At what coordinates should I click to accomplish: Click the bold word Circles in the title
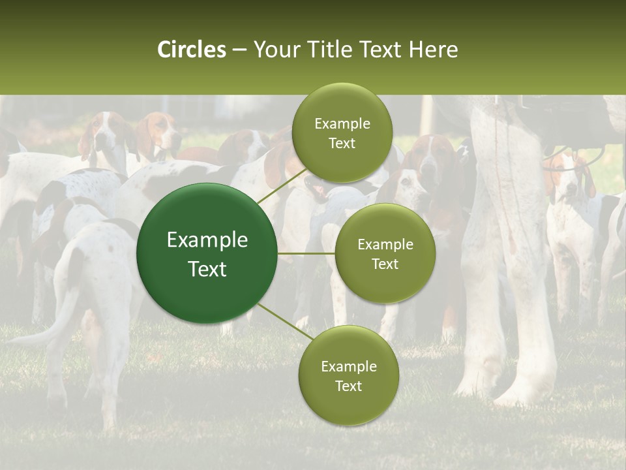click(x=191, y=50)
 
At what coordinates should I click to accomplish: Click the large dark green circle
click(x=207, y=253)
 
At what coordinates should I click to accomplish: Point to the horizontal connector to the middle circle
click(x=306, y=253)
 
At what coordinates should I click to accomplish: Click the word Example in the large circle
click(x=207, y=240)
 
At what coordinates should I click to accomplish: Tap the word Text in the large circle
click(x=207, y=269)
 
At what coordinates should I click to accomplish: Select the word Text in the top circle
click(x=342, y=144)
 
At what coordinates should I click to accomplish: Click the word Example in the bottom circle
click(x=348, y=367)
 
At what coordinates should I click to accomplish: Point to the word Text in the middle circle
click(x=385, y=264)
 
